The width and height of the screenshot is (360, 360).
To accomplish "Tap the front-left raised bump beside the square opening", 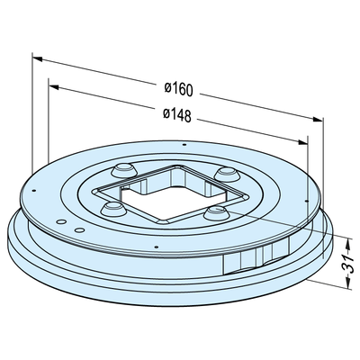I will [x=112, y=209].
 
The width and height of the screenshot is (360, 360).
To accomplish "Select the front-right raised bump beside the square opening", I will [x=216, y=212].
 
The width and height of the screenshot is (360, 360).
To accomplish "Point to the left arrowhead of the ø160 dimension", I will [x=38, y=58].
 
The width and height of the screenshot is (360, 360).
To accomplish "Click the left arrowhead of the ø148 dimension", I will [x=54, y=86].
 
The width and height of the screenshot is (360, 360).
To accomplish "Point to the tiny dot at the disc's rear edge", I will [x=183, y=144].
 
